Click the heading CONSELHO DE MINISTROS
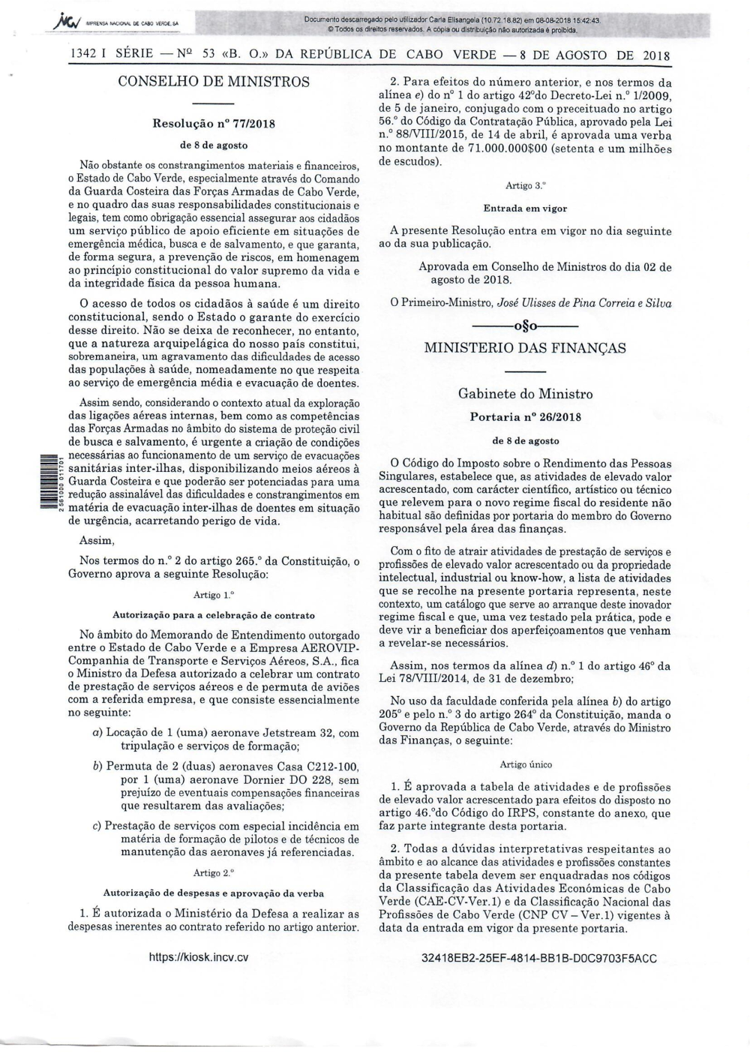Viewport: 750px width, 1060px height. coord(214,80)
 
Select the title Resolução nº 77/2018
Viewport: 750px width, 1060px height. coord(214,124)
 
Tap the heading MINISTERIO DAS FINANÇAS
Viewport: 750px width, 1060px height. coord(525,347)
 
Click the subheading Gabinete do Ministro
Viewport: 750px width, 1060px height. coord(525,394)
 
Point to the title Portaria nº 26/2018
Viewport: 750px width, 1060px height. coord(525,417)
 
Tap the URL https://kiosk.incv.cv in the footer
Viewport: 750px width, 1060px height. coord(199,957)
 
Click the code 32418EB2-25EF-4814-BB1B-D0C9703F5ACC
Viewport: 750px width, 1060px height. coord(539,958)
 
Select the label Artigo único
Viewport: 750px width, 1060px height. coord(525,764)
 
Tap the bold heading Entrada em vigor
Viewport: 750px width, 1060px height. coord(525,208)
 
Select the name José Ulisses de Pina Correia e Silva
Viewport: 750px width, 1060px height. coord(584,303)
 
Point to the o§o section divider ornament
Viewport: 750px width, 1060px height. coord(525,326)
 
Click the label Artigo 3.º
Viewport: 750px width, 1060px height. coord(525,185)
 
